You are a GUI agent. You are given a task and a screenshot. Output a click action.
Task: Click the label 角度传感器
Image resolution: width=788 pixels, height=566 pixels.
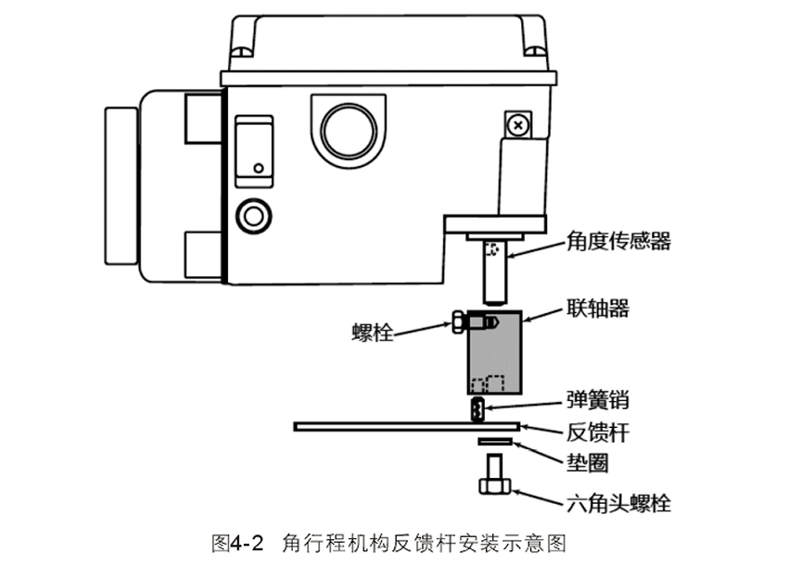pyautogui.click(x=618, y=242)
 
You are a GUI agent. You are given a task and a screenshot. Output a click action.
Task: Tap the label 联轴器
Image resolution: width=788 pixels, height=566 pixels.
pyautogui.click(x=598, y=308)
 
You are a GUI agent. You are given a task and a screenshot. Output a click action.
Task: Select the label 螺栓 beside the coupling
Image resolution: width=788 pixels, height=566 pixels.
pyautogui.click(x=373, y=333)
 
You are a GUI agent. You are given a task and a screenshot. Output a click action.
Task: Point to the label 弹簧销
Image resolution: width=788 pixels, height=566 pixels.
pyautogui.click(x=598, y=400)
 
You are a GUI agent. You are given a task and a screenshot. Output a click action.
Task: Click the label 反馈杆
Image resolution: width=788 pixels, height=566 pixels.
pyautogui.click(x=598, y=433)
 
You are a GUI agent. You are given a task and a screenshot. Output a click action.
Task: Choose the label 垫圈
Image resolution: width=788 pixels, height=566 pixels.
pyautogui.click(x=588, y=463)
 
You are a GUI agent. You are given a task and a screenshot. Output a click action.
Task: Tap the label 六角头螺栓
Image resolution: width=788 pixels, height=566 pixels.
pyautogui.click(x=618, y=503)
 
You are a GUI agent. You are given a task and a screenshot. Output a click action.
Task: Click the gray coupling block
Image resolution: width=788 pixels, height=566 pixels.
pyautogui.click(x=494, y=353)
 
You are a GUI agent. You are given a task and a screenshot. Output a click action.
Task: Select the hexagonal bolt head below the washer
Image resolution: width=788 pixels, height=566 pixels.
pyautogui.click(x=494, y=486)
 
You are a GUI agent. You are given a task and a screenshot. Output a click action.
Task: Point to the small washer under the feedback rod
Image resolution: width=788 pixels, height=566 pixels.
pyautogui.click(x=495, y=442)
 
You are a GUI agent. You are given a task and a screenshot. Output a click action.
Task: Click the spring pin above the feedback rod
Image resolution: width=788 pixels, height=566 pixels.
pyautogui.click(x=477, y=409)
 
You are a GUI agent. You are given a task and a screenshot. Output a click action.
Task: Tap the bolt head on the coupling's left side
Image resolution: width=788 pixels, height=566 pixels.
pyautogui.click(x=458, y=322)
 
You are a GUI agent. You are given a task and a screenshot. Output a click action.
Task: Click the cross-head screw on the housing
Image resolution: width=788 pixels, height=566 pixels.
pyautogui.click(x=517, y=124)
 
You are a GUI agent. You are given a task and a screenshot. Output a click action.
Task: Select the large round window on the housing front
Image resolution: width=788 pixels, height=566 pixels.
pyautogui.click(x=349, y=131)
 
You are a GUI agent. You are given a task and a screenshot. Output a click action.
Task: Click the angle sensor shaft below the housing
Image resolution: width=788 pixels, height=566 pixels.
pyautogui.click(x=495, y=272)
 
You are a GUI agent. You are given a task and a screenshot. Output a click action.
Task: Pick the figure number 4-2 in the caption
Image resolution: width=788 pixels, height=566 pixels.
pyautogui.click(x=246, y=543)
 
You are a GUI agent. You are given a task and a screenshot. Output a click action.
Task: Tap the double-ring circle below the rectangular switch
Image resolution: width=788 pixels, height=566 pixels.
pyautogui.click(x=253, y=217)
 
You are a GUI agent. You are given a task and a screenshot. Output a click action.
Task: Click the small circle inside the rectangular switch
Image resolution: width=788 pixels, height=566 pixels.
pyautogui.click(x=259, y=169)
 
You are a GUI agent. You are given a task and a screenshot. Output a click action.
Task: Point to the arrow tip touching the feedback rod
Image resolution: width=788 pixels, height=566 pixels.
pyautogui.click(x=521, y=427)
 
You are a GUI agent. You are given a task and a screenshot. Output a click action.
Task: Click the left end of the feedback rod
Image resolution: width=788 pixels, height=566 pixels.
pyautogui.click(x=295, y=427)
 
